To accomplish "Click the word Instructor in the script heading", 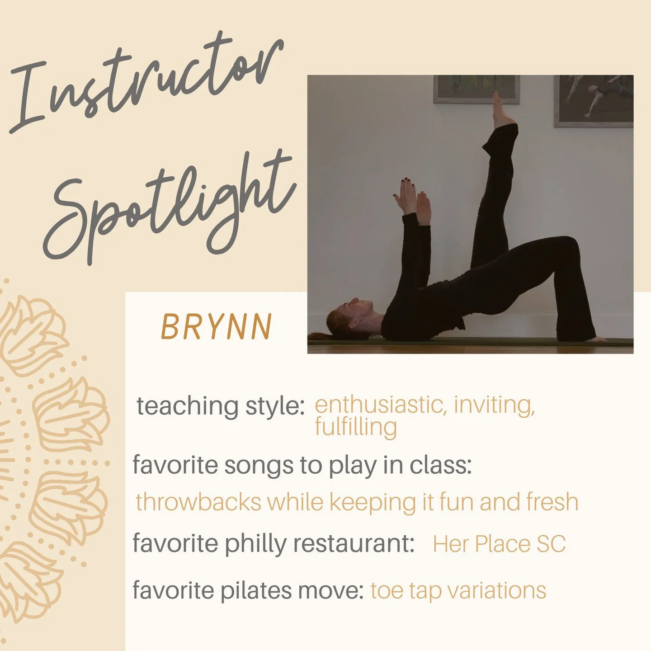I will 145,81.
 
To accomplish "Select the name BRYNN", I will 217,326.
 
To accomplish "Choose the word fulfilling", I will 356,427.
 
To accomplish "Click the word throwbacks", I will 198,502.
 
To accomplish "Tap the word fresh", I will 552,502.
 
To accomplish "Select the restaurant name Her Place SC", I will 499,543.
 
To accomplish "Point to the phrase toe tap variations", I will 458,590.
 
